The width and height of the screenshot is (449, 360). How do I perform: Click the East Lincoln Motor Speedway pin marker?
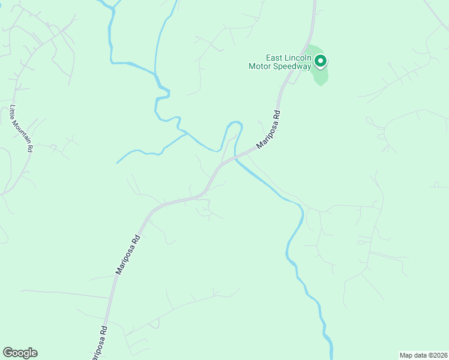[321, 60]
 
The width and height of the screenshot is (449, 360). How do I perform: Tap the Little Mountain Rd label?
[21, 130]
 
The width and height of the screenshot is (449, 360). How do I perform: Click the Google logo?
[20, 353]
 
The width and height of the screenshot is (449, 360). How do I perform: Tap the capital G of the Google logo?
[7, 352]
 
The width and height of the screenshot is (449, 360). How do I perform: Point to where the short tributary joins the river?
[187, 134]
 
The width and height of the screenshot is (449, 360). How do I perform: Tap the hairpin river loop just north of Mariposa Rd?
[235, 123]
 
